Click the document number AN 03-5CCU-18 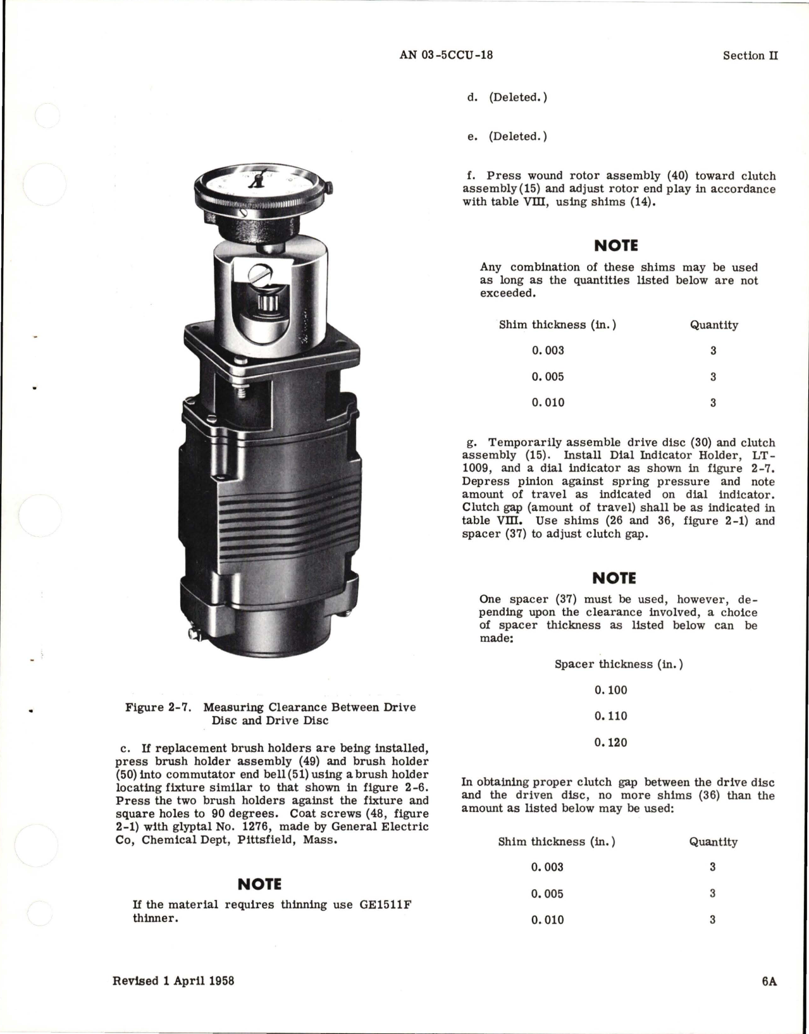pyautogui.click(x=446, y=55)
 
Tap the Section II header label pyautogui.click(x=750, y=56)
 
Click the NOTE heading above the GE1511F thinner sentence pyautogui.click(x=259, y=884)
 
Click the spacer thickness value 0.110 pyautogui.click(x=610, y=716)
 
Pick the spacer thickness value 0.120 pyautogui.click(x=610, y=742)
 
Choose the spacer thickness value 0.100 pyautogui.click(x=610, y=690)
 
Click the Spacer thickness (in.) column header pyautogui.click(x=619, y=664)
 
